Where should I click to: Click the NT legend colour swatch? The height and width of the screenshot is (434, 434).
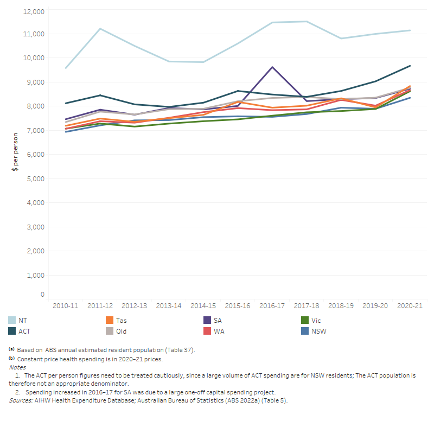click(x=12, y=321)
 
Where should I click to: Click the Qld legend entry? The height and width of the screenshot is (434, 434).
click(x=122, y=331)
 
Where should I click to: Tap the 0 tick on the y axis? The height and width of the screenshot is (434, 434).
click(x=42, y=295)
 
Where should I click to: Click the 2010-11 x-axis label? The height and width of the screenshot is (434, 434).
click(x=65, y=306)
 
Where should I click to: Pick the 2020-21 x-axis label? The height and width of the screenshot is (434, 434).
click(x=410, y=306)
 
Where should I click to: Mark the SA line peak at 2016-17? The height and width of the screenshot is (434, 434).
click(x=272, y=67)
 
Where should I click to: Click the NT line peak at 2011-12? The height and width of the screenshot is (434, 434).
click(x=100, y=29)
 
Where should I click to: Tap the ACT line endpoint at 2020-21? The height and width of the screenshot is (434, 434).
click(x=410, y=66)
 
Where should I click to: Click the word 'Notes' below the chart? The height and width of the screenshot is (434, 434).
click(x=17, y=367)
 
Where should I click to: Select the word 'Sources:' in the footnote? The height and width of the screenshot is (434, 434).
click(x=21, y=400)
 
